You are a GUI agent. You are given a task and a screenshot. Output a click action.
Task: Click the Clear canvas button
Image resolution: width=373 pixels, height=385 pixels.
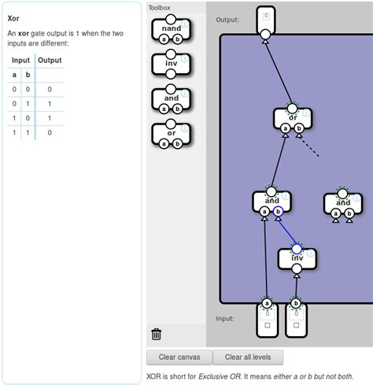click(179, 357)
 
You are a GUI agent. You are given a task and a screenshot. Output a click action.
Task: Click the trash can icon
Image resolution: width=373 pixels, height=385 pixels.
click(157, 334)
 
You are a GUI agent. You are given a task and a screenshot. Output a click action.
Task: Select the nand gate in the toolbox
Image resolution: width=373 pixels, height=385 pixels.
click(171, 28)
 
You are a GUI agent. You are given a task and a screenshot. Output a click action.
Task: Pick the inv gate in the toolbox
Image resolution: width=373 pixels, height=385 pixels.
click(171, 63)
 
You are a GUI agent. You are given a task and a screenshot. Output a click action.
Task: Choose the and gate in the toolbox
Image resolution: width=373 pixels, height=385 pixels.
click(171, 98)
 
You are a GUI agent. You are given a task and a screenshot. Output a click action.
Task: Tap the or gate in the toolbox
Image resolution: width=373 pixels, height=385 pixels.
click(171, 133)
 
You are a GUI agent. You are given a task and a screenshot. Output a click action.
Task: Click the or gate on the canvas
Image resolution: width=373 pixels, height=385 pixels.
click(293, 118)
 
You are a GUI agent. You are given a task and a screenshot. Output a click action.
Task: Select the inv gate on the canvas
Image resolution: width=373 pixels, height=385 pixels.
click(297, 258)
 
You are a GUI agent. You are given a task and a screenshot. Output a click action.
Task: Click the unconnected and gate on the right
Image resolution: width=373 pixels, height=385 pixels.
click(342, 202)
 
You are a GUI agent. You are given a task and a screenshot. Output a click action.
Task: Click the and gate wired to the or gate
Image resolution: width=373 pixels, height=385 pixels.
click(271, 201)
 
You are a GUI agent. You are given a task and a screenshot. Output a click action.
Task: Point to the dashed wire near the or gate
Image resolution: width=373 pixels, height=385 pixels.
click(310, 147)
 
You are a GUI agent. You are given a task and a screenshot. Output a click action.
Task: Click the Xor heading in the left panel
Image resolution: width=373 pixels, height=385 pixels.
click(13, 17)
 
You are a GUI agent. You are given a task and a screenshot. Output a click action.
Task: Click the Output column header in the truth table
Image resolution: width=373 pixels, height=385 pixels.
click(49, 60)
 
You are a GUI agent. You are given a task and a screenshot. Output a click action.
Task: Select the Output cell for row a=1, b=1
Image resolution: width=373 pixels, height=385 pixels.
click(49, 132)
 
